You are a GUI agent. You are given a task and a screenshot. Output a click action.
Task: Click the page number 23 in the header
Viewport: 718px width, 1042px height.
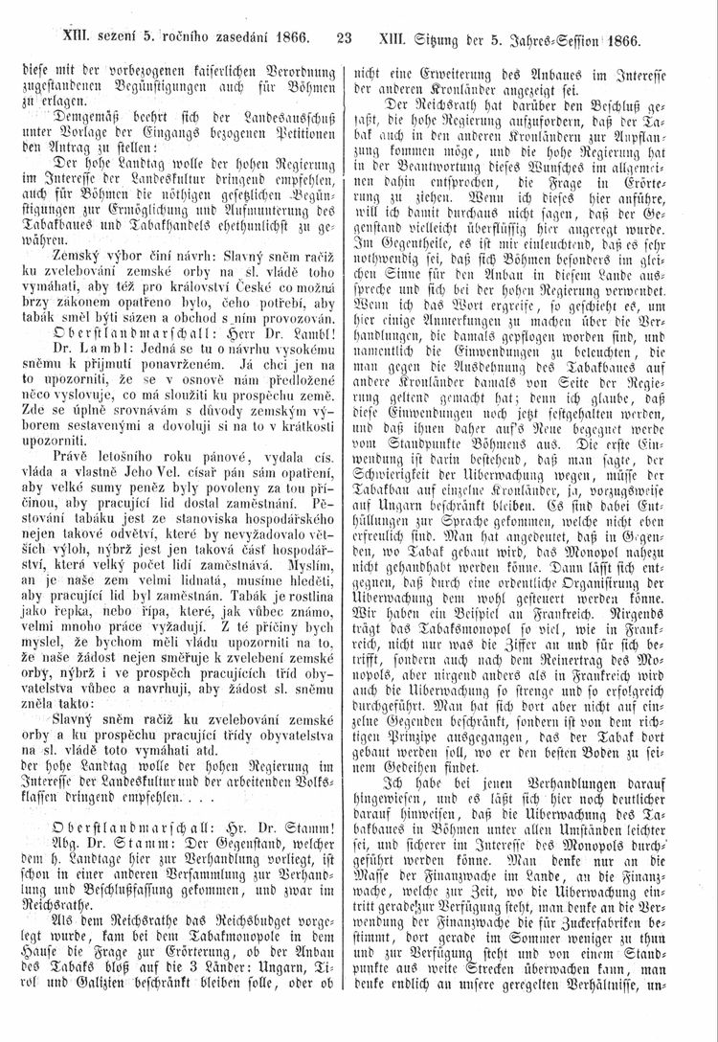[345, 39]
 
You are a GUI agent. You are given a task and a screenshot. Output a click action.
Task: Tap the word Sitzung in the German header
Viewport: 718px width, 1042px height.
[446, 40]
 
